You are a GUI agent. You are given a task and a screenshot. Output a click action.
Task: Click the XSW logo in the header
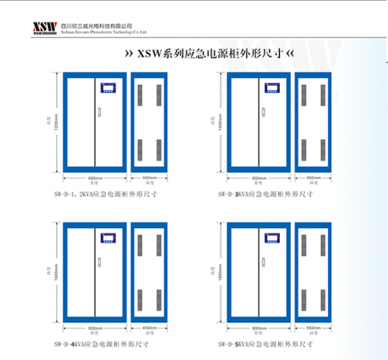click(x=42, y=27)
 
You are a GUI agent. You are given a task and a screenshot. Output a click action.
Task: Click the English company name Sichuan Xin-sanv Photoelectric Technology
click(x=105, y=34)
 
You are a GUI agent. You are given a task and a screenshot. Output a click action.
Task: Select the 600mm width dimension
click(x=95, y=178)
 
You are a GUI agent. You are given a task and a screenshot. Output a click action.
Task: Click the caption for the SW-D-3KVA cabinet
click(x=265, y=194)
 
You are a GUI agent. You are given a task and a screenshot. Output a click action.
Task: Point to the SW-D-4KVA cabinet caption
click(x=101, y=345)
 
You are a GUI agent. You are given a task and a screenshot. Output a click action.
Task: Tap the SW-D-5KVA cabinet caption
click(x=265, y=345)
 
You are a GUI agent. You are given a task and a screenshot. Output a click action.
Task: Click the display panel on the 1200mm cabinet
click(x=106, y=88)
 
